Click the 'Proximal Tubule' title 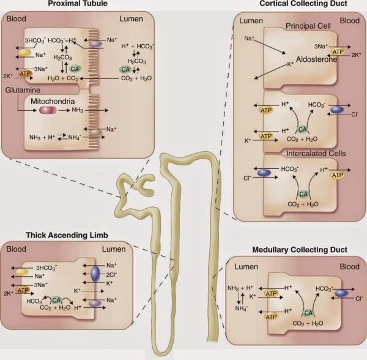point(78,4)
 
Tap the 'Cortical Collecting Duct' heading point(303,4)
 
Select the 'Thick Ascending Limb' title point(67,235)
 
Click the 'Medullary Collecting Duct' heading point(300,250)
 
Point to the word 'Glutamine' point(23,90)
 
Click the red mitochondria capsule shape point(48,110)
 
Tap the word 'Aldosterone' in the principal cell point(316,59)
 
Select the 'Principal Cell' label point(308,26)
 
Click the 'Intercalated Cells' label point(316,154)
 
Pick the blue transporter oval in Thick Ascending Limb point(95,274)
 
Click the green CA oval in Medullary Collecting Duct point(308,313)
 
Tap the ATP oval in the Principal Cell point(338,52)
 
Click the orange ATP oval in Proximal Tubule point(25,74)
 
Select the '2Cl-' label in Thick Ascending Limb point(112,274)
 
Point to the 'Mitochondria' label point(53,101)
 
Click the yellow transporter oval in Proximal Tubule point(24,53)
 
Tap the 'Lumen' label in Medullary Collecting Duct point(247,267)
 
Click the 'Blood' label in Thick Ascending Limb point(16,249)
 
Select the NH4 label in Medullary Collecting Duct point(242,309)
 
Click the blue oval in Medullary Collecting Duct point(341,293)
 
